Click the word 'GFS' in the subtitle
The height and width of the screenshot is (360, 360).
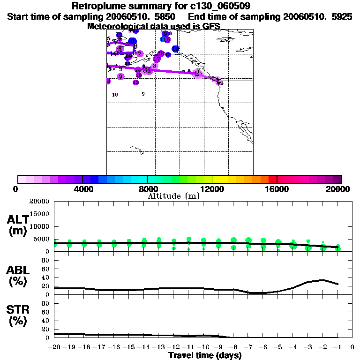pyautogui.click(x=211, y=26)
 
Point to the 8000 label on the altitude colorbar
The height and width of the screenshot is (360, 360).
pyautogui.click(x=147, y=189)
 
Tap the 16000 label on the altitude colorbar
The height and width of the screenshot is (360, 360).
pyautogui.click(x=277, y=189)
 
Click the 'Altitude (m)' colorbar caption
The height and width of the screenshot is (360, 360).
pyautogui.click(x=174, y=196)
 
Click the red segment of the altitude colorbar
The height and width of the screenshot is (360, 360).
pyautogui.click(x=272, y=179)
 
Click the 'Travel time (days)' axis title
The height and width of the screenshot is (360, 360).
pyautogui.click(x=205, y=355)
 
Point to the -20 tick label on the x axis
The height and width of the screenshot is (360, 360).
pyautogui.click(x=54, y=347)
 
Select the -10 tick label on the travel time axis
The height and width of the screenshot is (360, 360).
pyautogui.click(x=203, y=347)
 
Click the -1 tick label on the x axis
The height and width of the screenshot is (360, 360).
pyautogui.click(x=337, y=347)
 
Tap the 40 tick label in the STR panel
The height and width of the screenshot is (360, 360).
pyautogui.click(x=45, y=321)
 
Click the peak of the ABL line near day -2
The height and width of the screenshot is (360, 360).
pyautogui.click(x=322, y=280)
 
